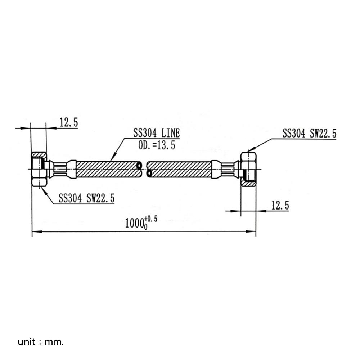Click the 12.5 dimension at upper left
(x=68, y=122)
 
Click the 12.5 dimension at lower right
(x=280, y=206)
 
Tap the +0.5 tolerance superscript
(x=151, y=219)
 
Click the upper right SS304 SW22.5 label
(x=309, y=134)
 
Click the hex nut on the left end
(x=39, y=169)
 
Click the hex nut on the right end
(x=248, y=169)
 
